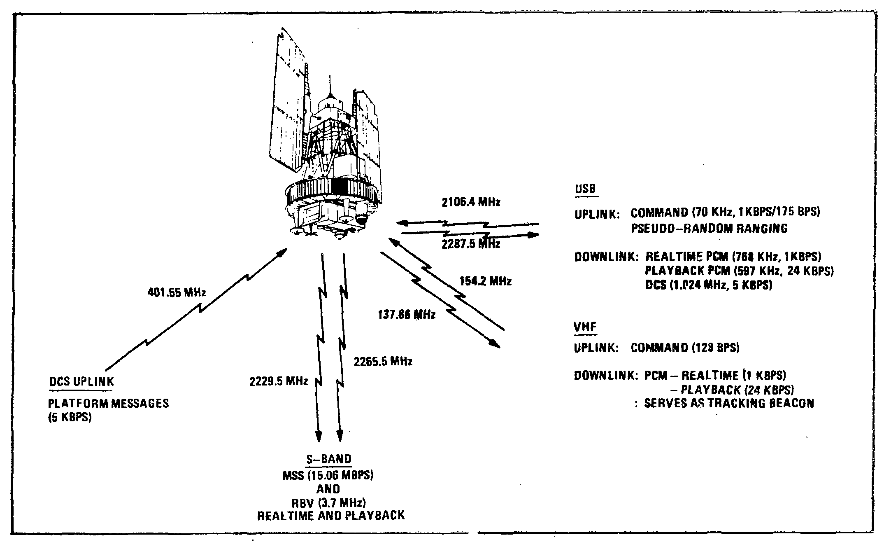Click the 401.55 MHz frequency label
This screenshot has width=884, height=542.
[x=177, y=293]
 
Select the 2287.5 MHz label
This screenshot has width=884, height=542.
[x=471, y=244]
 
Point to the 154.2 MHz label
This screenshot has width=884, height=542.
[x=485, y=282]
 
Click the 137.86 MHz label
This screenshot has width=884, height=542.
[x=407, y=315]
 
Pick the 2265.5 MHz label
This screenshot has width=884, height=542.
[x=383, y=362]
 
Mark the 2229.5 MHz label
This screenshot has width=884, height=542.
[x=279, y=381]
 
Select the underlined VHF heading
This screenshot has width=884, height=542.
[x=585, y=327]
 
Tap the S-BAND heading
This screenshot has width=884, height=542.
[x=329, y=459]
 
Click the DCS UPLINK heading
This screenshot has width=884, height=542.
[x=81, y=382]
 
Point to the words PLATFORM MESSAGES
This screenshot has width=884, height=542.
[x=109, y=403]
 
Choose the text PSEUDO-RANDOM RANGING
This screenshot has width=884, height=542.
[x=710, y=229]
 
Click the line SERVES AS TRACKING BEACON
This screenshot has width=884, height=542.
[x=728, y=403]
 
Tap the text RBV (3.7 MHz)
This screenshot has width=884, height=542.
[x=329, y=503]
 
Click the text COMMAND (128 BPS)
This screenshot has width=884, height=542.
[x=685, y=348]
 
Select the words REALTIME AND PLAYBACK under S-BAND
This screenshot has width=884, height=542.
[x=331, y=516]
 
